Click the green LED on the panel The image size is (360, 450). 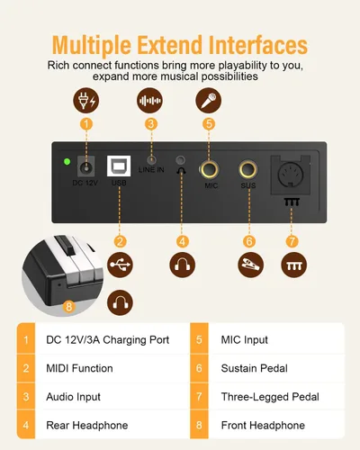67,163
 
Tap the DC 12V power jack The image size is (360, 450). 87,166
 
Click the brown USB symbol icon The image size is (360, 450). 119,265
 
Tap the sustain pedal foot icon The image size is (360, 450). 249,265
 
